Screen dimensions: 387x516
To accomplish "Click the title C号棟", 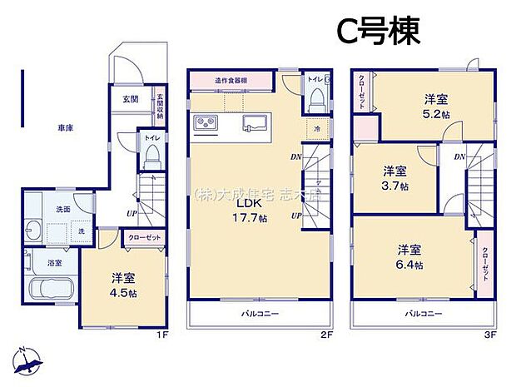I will (378, 32).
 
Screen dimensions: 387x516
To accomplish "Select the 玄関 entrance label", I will (131, 99).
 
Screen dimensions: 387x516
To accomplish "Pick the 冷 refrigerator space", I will (316, 129).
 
